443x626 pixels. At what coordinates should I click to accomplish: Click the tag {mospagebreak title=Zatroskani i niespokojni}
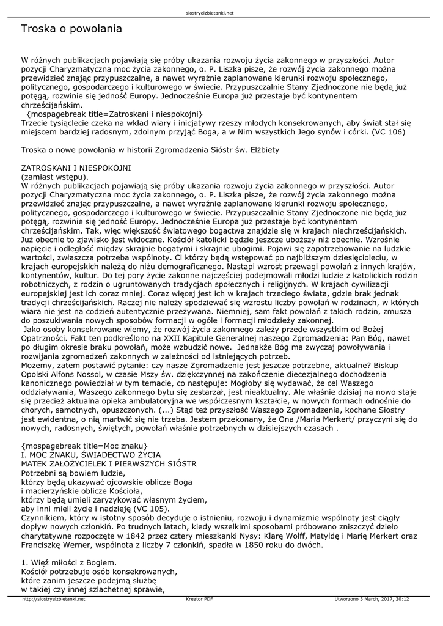pos(115,114)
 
